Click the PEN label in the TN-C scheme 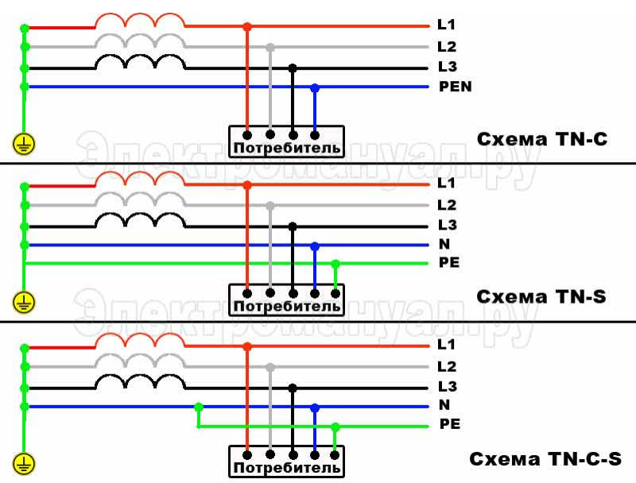click(455, 87)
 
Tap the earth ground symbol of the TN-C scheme click(24, 144)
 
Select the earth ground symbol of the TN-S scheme click(24, 303)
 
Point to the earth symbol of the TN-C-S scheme click(24, 465)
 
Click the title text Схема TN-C click(542, 139)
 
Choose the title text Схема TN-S click(541, 296)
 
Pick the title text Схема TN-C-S click(545, 458)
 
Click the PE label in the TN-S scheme click(449, 263)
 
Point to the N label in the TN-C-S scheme click(444, 405)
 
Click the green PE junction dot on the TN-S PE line click(335, 265)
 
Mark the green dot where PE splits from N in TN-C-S click(198, 407)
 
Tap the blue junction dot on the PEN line click(315, 87)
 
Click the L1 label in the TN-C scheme click(446, 25)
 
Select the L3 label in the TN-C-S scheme click(448, 386)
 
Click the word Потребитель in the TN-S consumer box click(287, 306)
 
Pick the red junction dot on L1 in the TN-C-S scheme click(247, 347)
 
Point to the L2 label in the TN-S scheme click(447, 205)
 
